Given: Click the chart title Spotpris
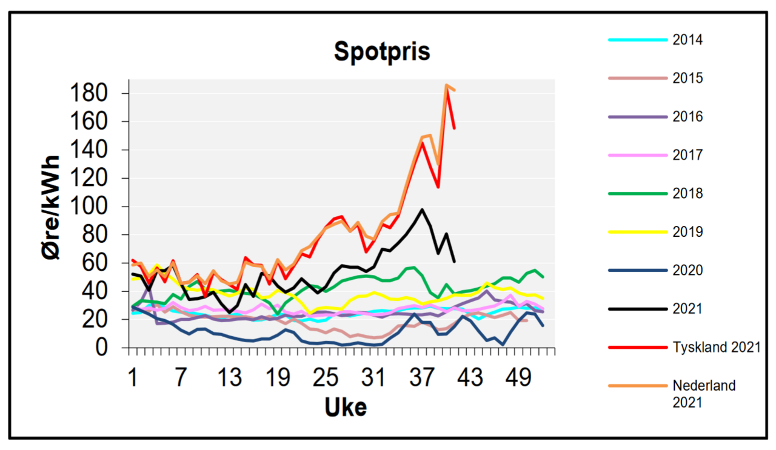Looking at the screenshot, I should [x=382, y=52].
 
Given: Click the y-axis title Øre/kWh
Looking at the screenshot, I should [x=53, y=208].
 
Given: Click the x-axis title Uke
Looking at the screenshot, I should [x=346, y=407].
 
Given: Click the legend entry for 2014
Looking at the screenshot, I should [x=687, y=40].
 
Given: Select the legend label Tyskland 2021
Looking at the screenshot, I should [x=716, y=347].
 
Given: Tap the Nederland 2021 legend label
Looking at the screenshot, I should [x=703, y=393].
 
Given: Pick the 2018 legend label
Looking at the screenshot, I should [x=687, y=193].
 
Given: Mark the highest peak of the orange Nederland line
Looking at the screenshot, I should [x=446, y=85].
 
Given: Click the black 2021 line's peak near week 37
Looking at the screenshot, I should [x=422, y=210].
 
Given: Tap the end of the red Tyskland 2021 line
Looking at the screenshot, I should [x=454, y=128].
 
